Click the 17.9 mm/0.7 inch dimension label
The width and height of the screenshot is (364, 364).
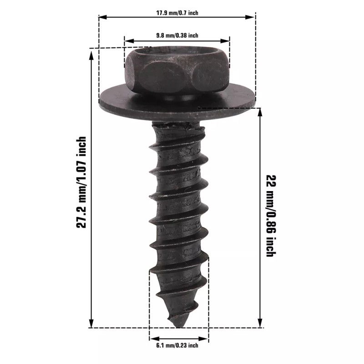tap(177, 13)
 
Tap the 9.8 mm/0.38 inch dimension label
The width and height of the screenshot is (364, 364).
tap(177, 35)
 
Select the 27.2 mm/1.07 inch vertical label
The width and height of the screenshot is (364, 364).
tap(81, 182)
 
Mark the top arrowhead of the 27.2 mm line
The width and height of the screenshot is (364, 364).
tap(91, 54)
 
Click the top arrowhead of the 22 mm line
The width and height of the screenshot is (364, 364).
tap(260, 113)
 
